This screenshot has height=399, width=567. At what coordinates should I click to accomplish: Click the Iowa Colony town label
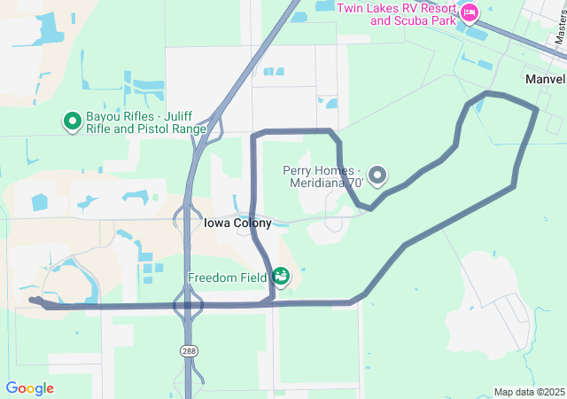(x=237, y=223)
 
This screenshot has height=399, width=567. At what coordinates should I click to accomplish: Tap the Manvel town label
(x=545, y=79)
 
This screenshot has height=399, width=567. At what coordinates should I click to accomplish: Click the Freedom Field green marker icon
(x=281, y=278)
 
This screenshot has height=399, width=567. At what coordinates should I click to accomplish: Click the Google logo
(x=29, y=388)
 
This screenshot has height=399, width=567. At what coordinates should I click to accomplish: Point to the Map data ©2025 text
(x=529, y=392)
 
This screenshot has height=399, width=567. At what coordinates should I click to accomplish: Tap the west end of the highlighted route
(x=33, y=301)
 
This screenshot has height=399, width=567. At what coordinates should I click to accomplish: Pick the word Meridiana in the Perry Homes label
(x=319, y=183)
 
